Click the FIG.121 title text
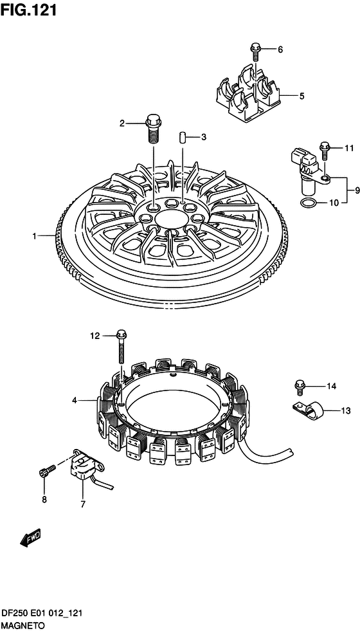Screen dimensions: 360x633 pos(28,11)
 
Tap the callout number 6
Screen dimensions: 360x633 pos(280,50)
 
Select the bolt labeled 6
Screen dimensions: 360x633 pos(255,50)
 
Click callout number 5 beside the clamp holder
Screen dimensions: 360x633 pos(302,96)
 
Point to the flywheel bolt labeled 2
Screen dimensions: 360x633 pos(152,129)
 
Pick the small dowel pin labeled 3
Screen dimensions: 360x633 pos(182,136)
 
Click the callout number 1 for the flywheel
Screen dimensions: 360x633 pos(35,235)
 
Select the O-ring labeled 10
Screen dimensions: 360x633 pos(309,203)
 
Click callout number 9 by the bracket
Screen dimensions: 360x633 pos(357,190)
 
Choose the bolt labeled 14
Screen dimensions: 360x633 pos(300,387)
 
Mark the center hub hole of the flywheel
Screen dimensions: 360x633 pos(168,221)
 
